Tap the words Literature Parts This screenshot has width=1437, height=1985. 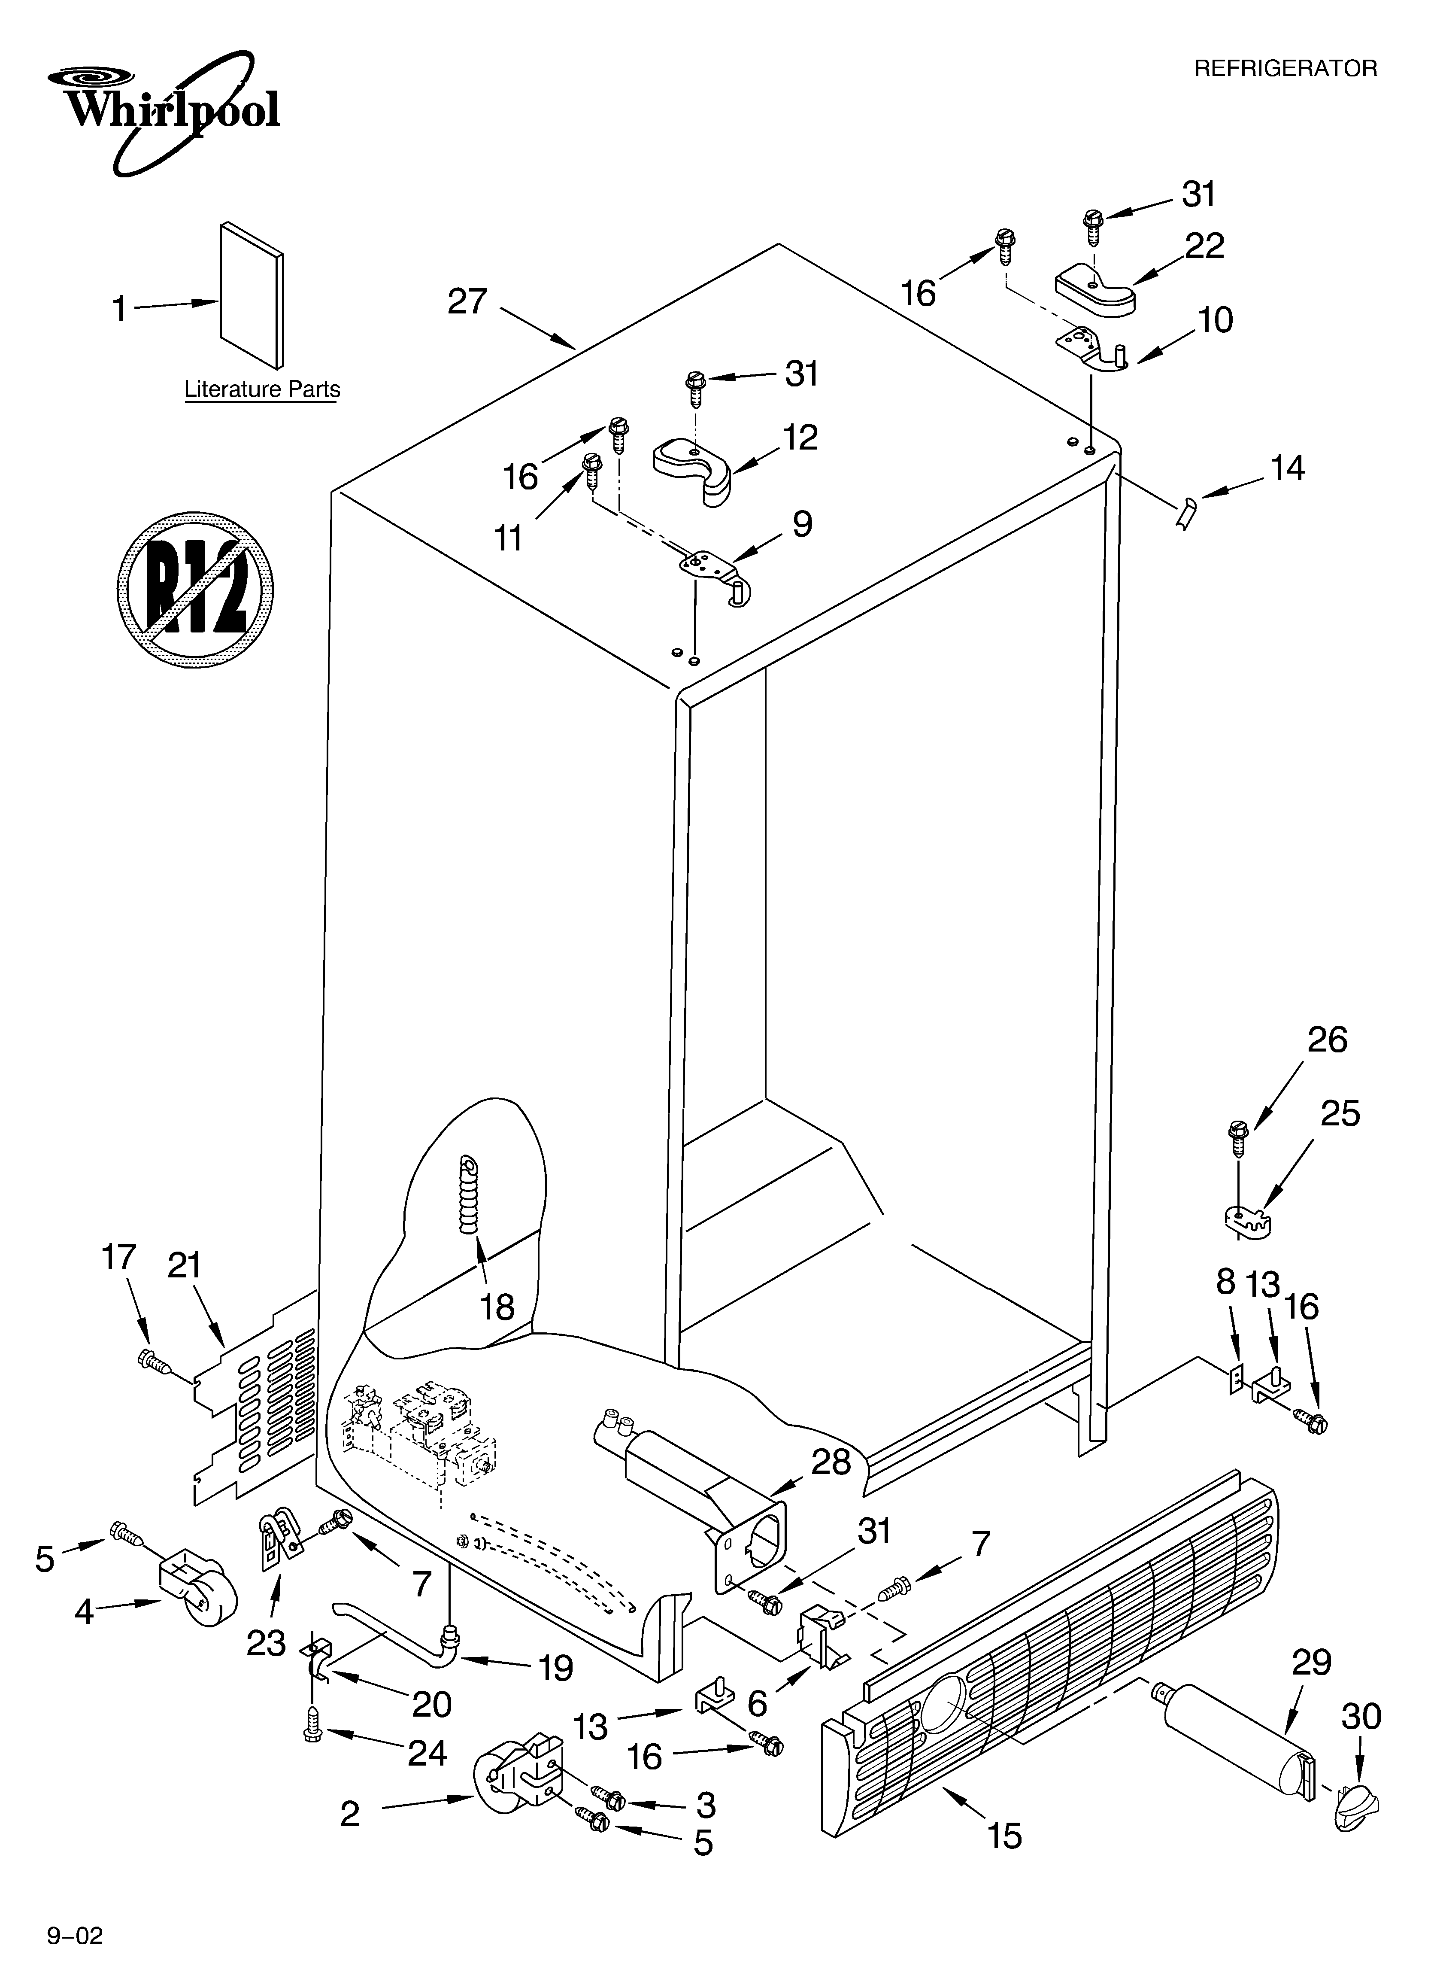(262, 389)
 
